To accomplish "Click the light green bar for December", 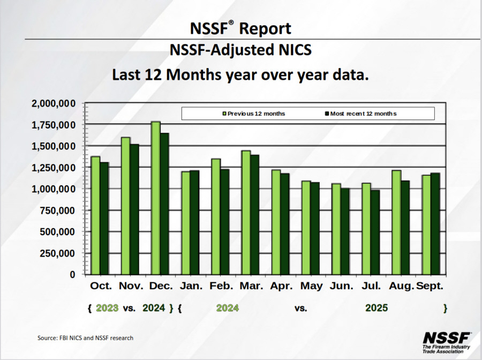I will click(155, 198).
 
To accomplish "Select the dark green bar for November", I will click(134, 209).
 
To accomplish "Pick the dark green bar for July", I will click(375, 232).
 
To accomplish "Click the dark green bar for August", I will click(405, 228).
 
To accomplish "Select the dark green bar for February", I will click(225, 222).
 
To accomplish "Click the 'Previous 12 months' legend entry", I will click(254, 114).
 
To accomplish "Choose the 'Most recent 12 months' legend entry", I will click(360, 114).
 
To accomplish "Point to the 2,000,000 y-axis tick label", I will click(54, 103).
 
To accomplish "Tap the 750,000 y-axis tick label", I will click(57, 211).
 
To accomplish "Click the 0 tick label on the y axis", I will click(72, 275).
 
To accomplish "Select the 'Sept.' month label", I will click(430, 286).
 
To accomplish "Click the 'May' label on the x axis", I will click(311, 286).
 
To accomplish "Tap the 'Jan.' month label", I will click(191, 286).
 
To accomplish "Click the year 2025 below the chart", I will click(376, 308).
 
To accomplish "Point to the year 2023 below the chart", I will click(107, 308).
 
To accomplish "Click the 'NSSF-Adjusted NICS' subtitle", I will click(240, 50).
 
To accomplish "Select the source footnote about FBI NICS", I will click(85, 338).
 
